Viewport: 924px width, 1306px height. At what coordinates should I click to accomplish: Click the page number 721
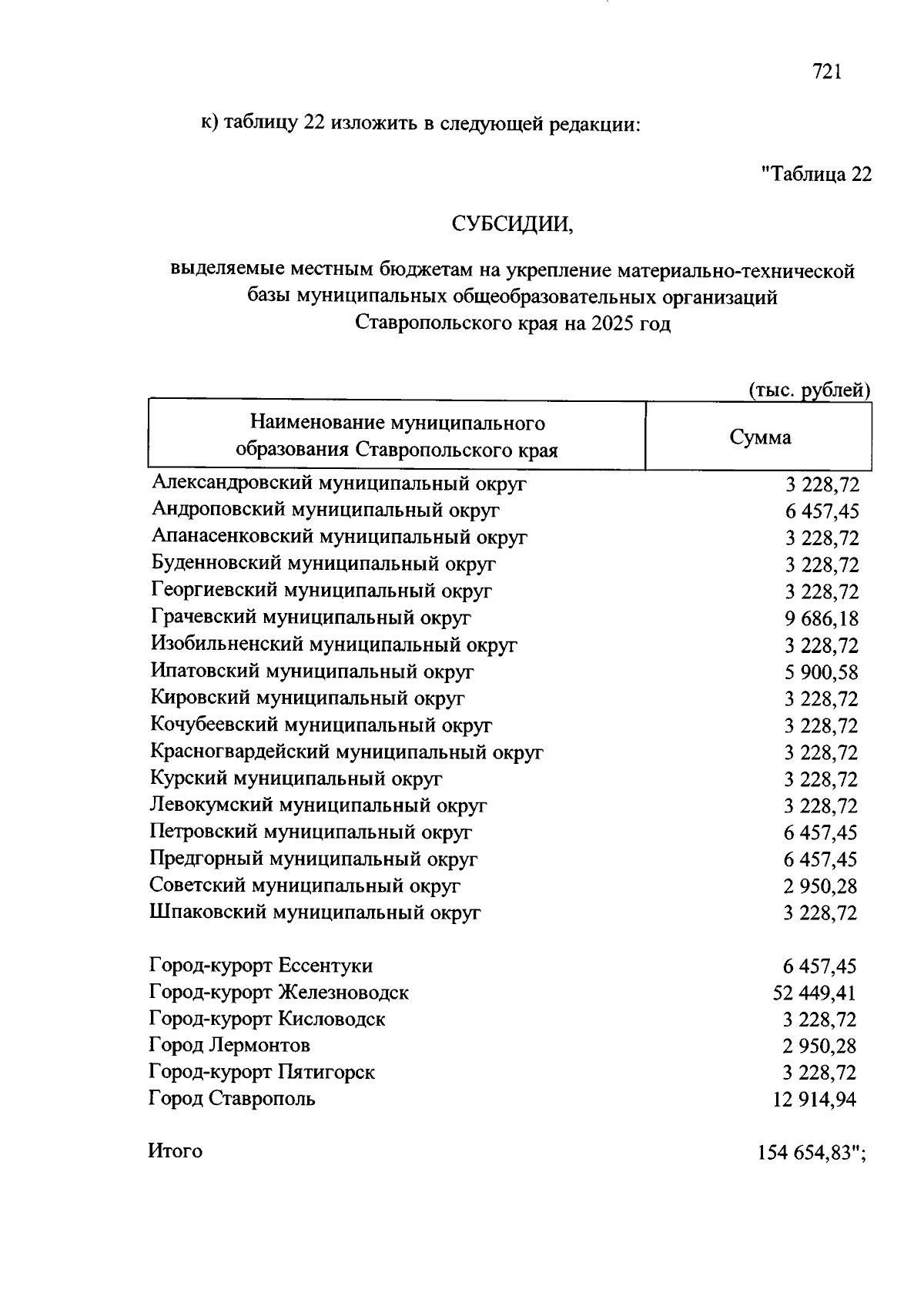(x=826, y=72)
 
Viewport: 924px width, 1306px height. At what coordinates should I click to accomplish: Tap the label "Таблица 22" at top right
(x=816, y=174)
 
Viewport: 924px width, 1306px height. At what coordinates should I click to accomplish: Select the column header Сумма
(x=759, y=437)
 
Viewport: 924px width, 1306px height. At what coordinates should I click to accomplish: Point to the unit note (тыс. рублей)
(x=809, y=390)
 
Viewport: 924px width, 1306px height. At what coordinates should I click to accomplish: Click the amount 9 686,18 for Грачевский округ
(x=822, y=618)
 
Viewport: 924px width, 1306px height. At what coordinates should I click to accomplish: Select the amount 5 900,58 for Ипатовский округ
(x=822, y=672)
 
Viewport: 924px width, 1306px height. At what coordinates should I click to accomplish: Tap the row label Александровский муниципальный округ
(x=339, y=484)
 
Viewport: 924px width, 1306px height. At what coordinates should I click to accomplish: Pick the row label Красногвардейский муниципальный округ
(x=346, y=752)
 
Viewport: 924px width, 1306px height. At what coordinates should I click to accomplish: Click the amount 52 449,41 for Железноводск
(x=814, y=993)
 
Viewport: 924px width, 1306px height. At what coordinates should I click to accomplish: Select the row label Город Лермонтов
(x=229, y=1046)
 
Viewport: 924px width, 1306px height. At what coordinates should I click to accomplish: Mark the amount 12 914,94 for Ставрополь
(x=814, y=1100)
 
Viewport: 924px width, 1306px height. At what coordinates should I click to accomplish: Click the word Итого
(x=176, y=1152)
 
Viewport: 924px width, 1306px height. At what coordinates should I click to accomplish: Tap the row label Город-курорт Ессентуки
(x=261, y=966)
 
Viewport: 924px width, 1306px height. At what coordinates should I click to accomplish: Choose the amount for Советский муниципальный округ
(x=821, y=886)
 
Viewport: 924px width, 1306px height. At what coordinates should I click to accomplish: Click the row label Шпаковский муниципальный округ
(x=315, y=913)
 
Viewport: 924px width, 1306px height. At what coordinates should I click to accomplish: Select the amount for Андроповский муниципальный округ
(x=822, y=511)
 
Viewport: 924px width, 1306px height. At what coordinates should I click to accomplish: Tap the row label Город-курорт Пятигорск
(x=262, y=1072)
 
